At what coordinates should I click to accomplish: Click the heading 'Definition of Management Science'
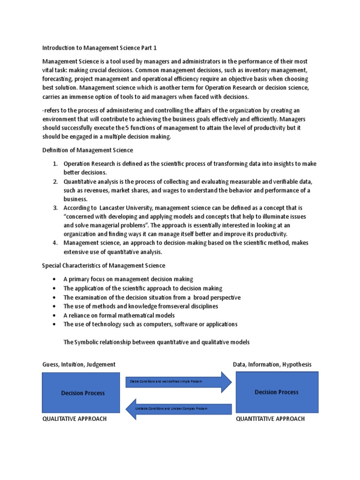click(x=88, y=150)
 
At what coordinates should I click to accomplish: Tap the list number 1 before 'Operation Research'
click(x=55, y=164)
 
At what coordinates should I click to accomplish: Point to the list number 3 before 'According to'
click(x=55, y=208)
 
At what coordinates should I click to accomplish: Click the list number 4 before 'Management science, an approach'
click(x=55, y=243)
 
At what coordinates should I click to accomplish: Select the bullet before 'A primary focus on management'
click(x=54, y=279)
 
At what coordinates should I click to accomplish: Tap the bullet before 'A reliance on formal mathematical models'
click(x=54, y=315)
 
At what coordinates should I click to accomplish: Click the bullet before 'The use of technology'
click(x=54, y=324)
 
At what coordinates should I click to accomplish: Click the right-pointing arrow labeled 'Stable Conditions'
click(x=178, y=382)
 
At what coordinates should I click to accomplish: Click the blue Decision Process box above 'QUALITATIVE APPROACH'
click(x=83, y=393)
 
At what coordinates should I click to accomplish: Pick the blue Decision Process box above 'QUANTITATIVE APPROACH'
click(x=277, y=392)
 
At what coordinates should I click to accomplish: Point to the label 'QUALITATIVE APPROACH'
click(x=75, y=419)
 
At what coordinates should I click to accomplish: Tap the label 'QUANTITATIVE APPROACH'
click(x=270, y=419)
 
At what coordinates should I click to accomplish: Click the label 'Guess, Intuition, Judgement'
click(x=79, y=364)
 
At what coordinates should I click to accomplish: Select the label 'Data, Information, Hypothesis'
click(x=272, y=364)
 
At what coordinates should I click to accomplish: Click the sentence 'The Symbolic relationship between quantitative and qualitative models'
click(x=157, y=342)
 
